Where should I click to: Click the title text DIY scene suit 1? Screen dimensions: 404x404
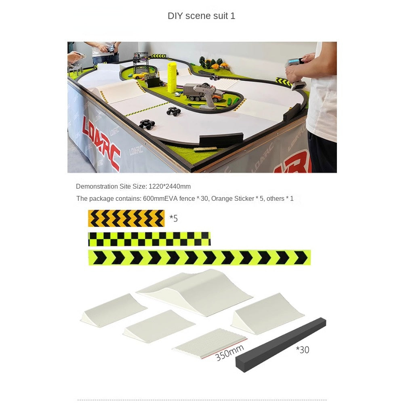pos(201,16)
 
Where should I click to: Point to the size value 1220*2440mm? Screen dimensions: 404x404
pos(170,186)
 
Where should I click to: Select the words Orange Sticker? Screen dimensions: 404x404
pos(232,198)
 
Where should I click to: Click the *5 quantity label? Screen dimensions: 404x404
pos(173,219)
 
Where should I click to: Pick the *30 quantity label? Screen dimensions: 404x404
pos(302,349)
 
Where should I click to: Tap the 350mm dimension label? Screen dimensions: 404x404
pos(229,352)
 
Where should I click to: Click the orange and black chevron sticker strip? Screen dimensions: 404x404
pos(126,219)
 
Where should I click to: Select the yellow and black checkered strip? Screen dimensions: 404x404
pos(149,239)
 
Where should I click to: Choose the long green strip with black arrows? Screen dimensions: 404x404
pos(200,257)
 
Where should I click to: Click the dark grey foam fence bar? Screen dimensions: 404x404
pos(281,345)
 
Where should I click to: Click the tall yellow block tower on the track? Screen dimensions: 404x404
pos(172,77)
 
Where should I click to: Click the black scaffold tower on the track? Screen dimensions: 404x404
pos(141,62)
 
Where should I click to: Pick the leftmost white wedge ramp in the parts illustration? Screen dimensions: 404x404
pos(114,310)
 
